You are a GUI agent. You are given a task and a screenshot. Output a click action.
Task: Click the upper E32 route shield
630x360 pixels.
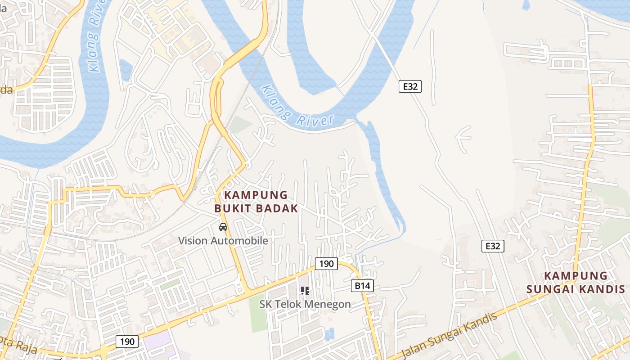[x=410, y=86]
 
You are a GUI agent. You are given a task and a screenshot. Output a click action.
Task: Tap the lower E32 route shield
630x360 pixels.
[x=493, y=246]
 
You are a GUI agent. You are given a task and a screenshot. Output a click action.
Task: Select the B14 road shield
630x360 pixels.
[x=362, y=285]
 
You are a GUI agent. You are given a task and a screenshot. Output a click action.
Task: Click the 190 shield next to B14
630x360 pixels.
[x=326, y=264]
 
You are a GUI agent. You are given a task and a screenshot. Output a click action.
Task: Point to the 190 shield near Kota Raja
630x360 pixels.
[x=127, y=342]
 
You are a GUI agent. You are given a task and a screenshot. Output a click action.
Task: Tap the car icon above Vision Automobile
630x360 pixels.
[x=223, y=227]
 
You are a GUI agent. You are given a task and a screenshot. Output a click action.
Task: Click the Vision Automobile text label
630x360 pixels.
[x=223, y=241]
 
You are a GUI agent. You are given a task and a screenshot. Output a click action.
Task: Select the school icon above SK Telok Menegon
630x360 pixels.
[x=305, y=291]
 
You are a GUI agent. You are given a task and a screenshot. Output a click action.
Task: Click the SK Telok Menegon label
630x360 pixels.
[x=305, y=304]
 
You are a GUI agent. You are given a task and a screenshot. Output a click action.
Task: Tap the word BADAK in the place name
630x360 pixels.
[x=277, y=208]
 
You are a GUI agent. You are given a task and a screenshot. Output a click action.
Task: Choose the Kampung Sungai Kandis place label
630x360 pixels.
[x=576, y=282]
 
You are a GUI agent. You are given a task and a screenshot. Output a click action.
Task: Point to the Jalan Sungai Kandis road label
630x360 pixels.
[x=448, y=335]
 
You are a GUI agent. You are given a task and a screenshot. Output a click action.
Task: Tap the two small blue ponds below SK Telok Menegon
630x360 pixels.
[x=329, y=334]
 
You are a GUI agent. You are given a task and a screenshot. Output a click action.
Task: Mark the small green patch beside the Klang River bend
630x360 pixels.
[x=239, y=125]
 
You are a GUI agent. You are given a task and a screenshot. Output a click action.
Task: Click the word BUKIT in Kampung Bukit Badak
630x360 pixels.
[x=233, y=208]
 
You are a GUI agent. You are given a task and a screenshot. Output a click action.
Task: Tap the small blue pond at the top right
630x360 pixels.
[x=526, y=5]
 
